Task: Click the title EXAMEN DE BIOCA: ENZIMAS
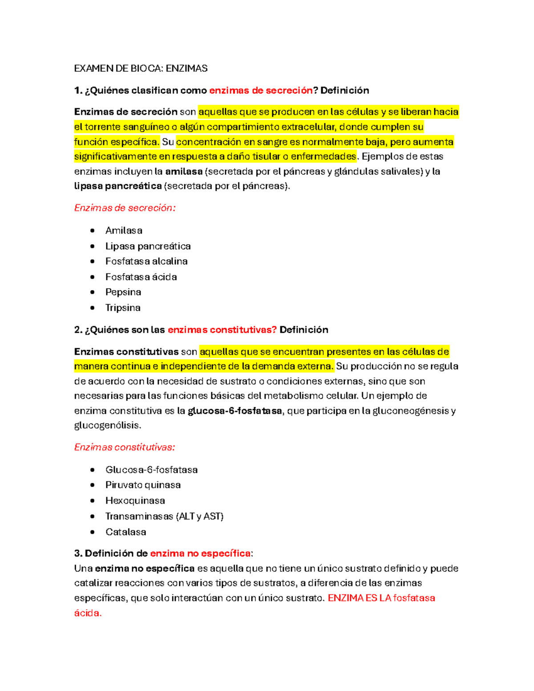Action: tap(141, 69)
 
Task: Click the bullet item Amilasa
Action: tap(124, 230)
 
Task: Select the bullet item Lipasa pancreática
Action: tap(148, 246)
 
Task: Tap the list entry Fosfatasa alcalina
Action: tap(146, 261)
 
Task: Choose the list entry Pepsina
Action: tap(123, 292)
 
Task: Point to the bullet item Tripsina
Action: tap(123, 307)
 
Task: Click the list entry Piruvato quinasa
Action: tap(143, 485)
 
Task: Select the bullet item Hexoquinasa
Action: tap(135, 501)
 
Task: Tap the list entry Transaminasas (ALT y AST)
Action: tap(164, 516)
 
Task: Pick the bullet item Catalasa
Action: tap(125, 532)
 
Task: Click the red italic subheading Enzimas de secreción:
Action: tap(125, 208)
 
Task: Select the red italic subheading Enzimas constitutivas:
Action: tap(124, 447)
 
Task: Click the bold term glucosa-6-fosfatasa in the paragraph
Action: tap(235, 411)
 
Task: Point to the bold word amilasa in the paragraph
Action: tap(184, 171)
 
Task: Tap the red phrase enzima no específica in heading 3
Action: tap(200, 554)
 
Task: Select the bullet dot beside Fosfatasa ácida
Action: tap(93, 277)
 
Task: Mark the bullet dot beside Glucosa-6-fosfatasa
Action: tap(93, 470)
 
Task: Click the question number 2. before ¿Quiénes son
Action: tap(78, 330)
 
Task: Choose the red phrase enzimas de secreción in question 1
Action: tap(261, 90)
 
